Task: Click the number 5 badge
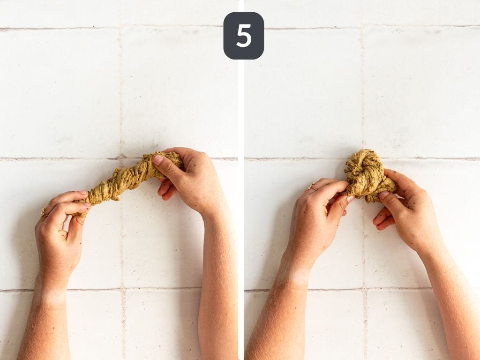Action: [x=243, y=36]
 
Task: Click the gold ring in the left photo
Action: [x=44, y=212]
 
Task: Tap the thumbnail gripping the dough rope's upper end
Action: [x=158, y=160]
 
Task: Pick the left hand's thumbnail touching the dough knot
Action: [x=350, y=199]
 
